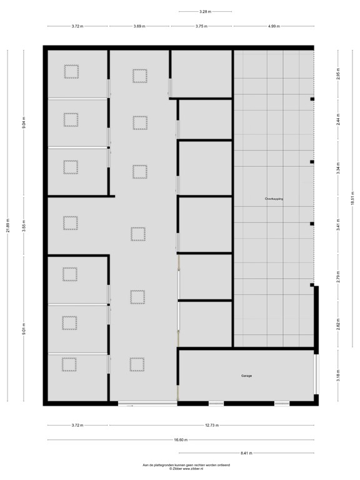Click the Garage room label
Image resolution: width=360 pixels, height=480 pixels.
pyautogui.click(x=246, y=376)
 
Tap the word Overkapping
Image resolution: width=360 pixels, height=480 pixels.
pyautogui.click(x=274, y=198)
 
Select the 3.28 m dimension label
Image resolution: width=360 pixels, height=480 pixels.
pyautogui.click(x=205, y=11)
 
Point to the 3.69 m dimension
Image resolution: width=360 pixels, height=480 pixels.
pyautogui.click(x=139, y=26)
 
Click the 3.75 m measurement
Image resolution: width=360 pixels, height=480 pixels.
pyautogui.click(x=201, y=26)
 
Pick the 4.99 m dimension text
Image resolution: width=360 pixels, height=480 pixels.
pyautogui.click(x=274, y=26)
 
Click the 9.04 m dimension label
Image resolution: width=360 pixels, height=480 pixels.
pyautogui.click(x=24, y=122)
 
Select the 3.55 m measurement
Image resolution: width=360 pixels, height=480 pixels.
pyautogui.click(x=24, y=226)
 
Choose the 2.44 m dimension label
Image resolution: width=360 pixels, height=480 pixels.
pyautogui.click(x=337, y=122)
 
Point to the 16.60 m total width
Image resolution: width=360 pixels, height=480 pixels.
pyautogui.click(x=180, y=440)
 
